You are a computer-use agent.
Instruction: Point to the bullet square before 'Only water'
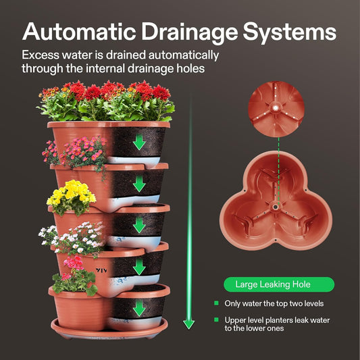[217, 303]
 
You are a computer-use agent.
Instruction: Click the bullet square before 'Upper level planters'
[217, 319]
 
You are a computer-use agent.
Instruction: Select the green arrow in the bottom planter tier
[140, 308]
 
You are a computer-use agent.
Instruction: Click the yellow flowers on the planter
[69, 194]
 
